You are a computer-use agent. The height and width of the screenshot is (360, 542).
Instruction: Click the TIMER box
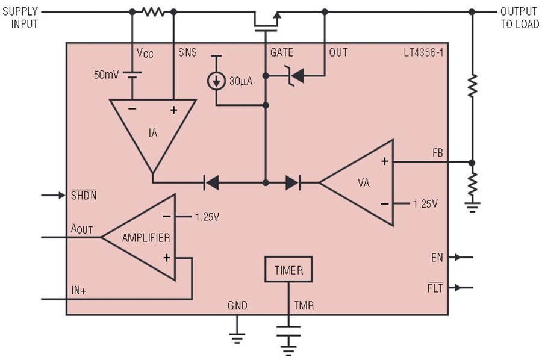[x=288, y=270]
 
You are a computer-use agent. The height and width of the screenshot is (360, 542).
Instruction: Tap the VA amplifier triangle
[x=363, y=182]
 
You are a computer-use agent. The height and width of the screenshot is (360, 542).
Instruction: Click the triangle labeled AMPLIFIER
[x=145, y=237]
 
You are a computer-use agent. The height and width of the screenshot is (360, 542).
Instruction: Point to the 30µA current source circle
[x=216, y=81]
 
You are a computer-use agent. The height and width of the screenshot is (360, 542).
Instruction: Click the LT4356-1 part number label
[x=423, y=52]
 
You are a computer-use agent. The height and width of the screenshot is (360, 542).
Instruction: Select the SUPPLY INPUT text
[x=20, y=17]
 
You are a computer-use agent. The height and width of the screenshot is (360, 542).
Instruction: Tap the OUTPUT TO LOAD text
[x=520, y=17]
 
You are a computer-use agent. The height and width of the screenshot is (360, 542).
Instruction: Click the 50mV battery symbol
[x=132, y=75]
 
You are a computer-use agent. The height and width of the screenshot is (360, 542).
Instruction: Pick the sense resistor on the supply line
[x=153, y=12]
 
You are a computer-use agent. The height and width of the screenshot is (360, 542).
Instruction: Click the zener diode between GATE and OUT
[x=295, y=76]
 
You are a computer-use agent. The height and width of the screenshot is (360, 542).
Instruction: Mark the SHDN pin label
[x=84, y=195]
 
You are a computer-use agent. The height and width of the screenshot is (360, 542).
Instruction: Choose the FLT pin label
[x=435, y=287]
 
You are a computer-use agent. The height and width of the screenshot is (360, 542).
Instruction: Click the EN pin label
[x=437, y=258]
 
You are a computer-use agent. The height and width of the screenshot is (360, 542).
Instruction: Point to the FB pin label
[x=437, y=153]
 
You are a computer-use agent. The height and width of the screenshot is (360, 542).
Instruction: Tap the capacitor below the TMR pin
[x=288, y=331]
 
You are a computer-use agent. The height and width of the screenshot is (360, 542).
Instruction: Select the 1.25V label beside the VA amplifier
[x=426, y=204]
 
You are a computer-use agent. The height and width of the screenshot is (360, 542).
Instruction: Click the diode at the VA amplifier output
[x=293, y=182]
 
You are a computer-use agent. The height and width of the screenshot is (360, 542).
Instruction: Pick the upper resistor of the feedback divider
[x=472, y=85]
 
